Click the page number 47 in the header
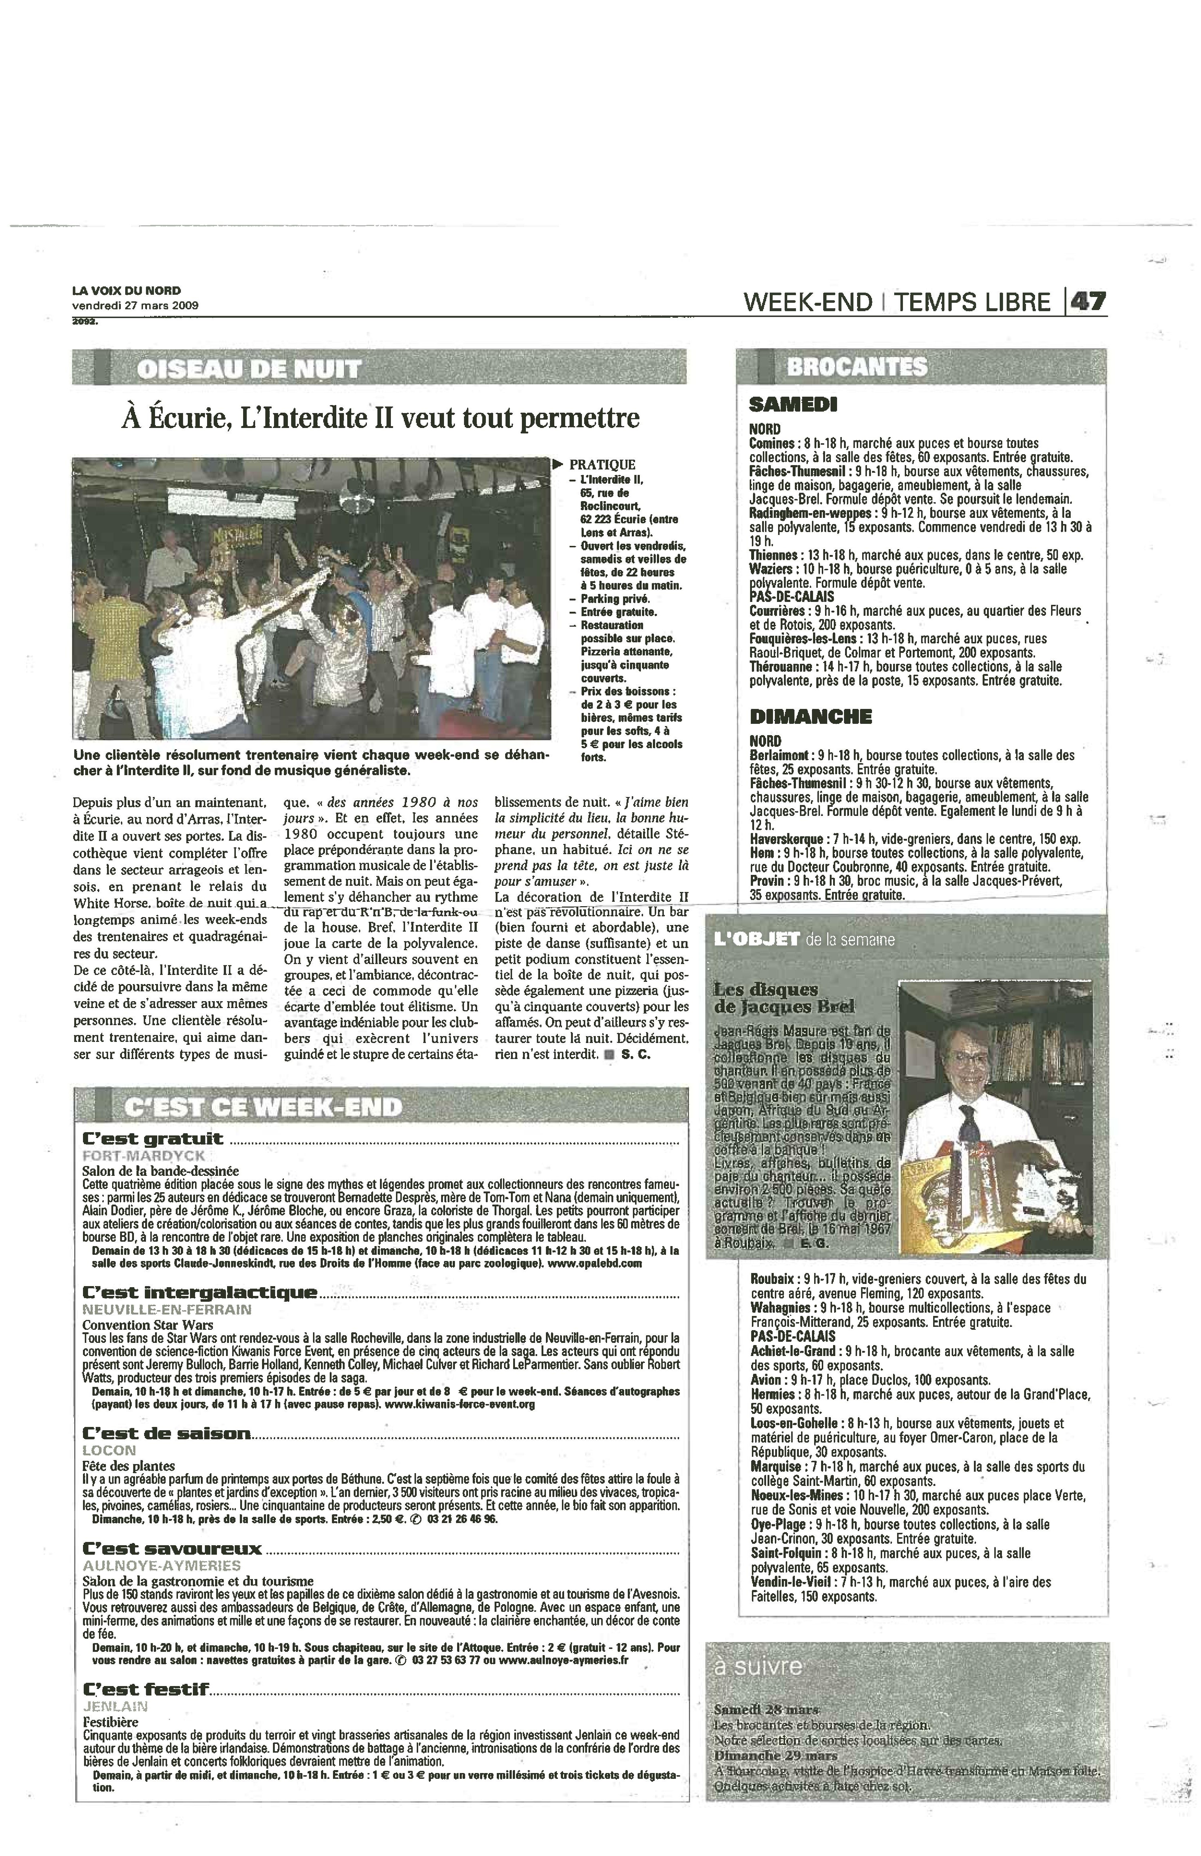coord(1088,302)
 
